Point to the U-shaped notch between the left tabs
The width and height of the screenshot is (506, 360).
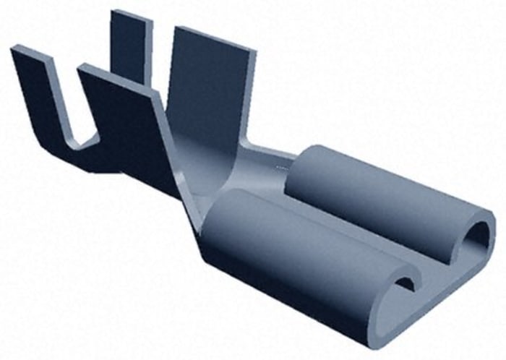coord(80,137)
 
